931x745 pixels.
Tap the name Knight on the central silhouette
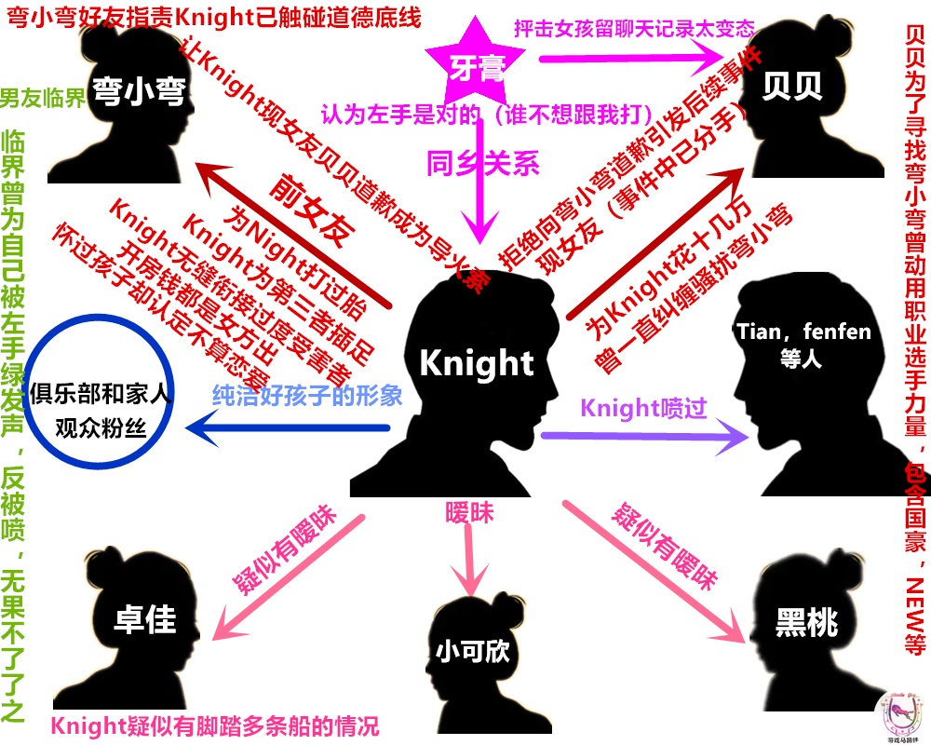[x=477, y=362]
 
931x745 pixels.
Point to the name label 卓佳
[x=144, y=619]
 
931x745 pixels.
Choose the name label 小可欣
[x=473, y=649]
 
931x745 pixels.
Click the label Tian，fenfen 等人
[x=803, y=343]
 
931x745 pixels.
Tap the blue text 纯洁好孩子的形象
[x=307, y=394]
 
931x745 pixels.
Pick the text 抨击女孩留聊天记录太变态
[x=634, y=28]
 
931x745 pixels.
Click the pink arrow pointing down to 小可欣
[x=467, y=559]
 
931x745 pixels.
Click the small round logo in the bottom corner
[x=898, y=716]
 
